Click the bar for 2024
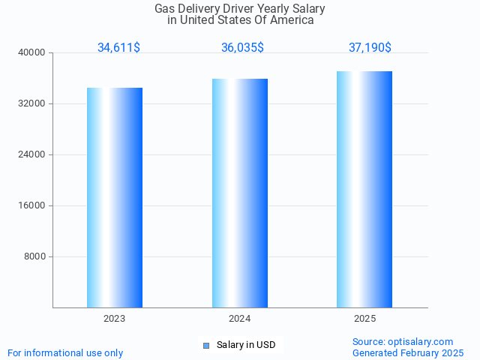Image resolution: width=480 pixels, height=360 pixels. [240, 193]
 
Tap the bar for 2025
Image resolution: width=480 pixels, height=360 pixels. [364, 189]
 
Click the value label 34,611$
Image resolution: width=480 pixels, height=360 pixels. [118, 47]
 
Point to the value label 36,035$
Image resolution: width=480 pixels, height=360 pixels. [242, 47]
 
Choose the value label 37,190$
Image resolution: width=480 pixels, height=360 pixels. [370, 47]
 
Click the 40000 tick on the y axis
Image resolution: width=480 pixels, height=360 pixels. [33, 52]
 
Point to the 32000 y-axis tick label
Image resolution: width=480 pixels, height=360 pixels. [33, 103]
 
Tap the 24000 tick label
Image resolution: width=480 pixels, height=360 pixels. [33, 154]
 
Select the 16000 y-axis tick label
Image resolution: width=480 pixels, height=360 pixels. [33, 205]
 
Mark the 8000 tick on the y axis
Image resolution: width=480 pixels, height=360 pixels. [35, 256]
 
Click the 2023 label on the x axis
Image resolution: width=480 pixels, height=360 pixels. [115, 319]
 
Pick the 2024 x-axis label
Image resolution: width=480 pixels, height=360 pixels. [240, 319]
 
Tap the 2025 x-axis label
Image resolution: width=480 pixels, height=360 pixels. [364, 319]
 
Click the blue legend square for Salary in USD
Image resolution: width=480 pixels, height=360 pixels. [206, 345]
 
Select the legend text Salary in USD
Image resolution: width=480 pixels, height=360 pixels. [246, 345]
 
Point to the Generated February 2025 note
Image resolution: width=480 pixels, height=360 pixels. [408, 352]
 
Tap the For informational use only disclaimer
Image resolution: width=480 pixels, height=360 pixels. [65, 352]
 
